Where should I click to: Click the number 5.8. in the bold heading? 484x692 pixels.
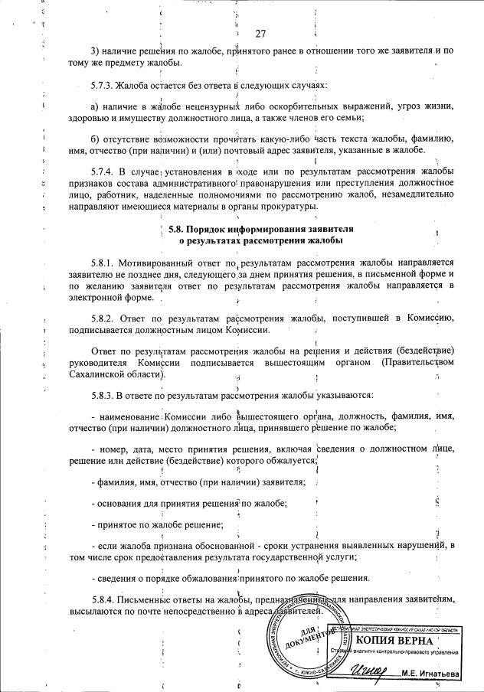177,229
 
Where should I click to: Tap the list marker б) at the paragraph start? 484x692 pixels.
95,139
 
